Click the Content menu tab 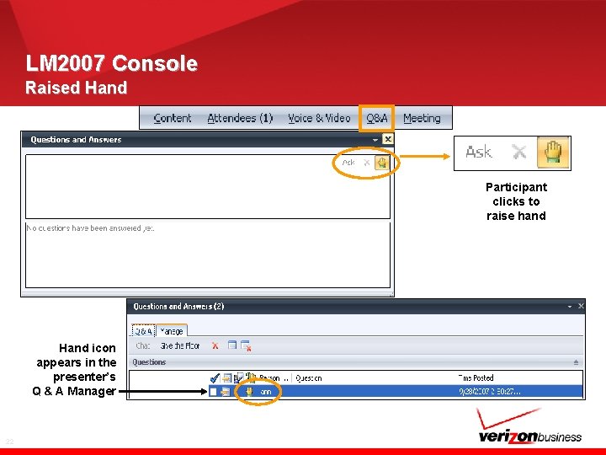[173, 118]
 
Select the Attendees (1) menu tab [240, 118]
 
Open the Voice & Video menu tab [319, 118]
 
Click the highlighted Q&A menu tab [376, 118]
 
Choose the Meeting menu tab [422, 118]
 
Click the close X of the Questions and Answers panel [388, 139]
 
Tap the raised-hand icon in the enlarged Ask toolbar [552, 153]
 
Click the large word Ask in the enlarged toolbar [479, 153]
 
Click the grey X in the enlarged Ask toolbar [519, 153]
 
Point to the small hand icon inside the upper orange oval [381, 163]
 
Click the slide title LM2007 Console [112, 63]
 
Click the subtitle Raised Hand [76, 88]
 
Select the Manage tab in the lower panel [172, 331]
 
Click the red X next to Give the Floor [215, 345]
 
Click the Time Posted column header [476, 378]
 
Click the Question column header [309, 378]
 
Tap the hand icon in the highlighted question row [249, 391]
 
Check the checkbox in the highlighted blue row [214, 391]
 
